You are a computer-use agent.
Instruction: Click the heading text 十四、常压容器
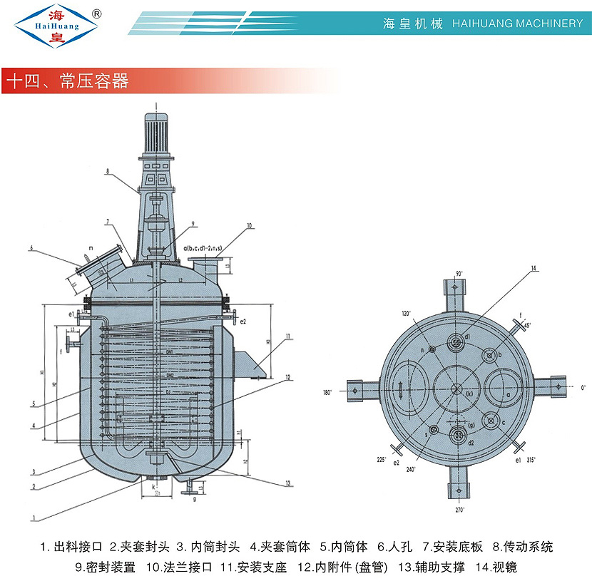point(67,81)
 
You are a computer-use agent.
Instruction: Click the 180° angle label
point(328,392)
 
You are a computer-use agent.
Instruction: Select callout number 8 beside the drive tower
point(106,171)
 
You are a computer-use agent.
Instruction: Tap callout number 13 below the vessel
point(288,483)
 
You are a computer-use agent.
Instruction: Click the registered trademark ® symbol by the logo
point(97,14)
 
